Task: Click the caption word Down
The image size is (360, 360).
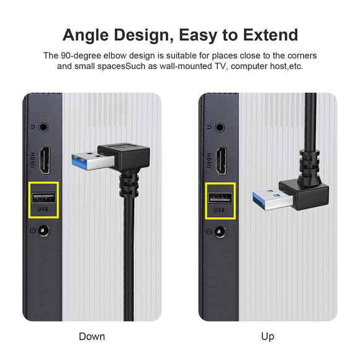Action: tap(92, 336)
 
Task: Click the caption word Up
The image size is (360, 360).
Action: tap(268, 336)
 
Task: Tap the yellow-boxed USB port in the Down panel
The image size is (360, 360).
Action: tap(44, 199)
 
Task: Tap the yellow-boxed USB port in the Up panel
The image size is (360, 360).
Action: tap(220, 200)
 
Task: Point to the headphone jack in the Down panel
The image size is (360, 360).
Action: tap(43, 127)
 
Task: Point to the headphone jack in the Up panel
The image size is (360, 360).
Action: tap(220, 127)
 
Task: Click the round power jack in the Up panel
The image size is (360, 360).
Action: tap(220, 233)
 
